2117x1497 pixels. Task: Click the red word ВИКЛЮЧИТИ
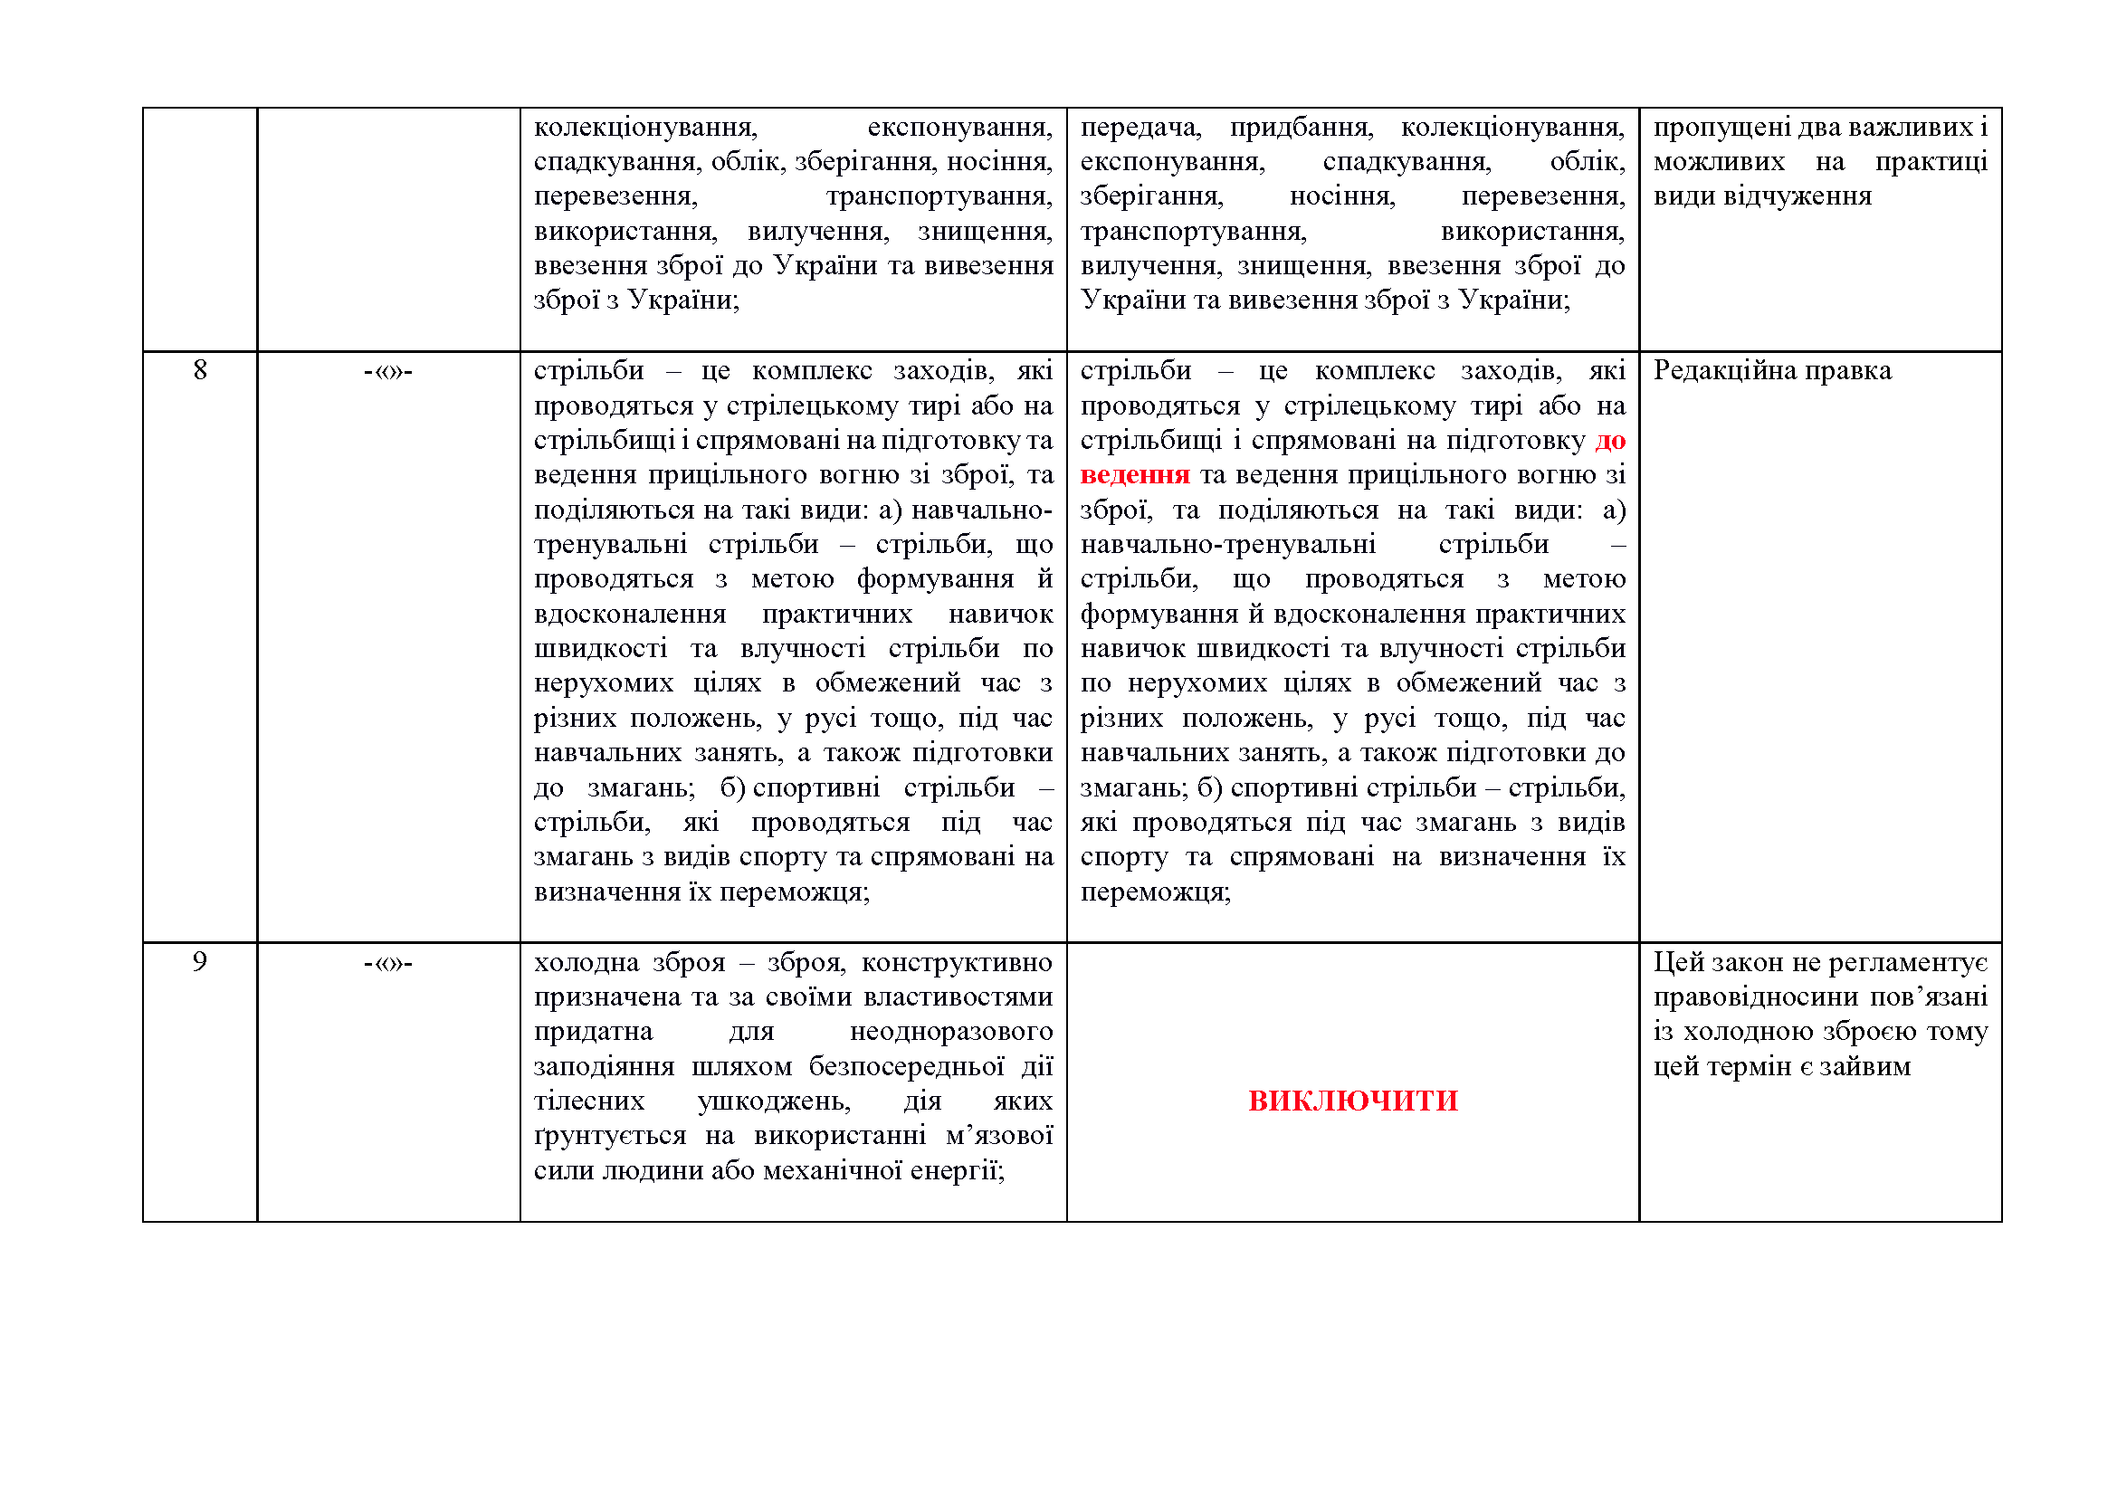coord(1352,1101)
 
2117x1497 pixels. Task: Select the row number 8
coord(200,370)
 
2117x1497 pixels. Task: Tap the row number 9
coord(200,962)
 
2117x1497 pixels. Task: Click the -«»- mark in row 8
coord(388,371)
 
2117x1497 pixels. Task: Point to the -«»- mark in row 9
coord(388,963)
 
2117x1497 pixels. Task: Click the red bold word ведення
coord(1134,475)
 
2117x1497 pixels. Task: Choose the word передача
coord(1140,128)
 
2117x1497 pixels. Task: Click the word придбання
coord(1302,128)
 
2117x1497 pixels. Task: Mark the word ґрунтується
coord(609,1136)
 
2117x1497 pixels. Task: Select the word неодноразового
coord(950,1032)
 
